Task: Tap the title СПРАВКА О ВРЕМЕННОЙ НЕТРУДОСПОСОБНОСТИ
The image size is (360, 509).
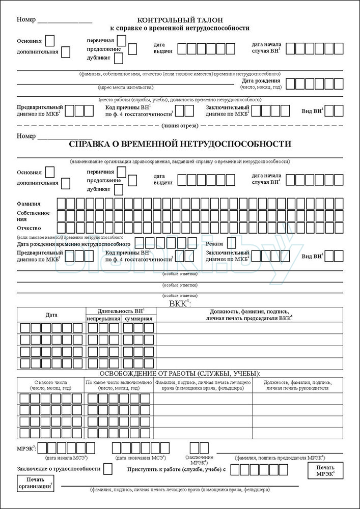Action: (x=180, y=144)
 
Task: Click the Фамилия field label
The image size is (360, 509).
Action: (x=29, y=204)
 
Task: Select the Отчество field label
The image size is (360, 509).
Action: (x=29, y=228)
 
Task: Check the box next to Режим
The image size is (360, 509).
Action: (x=232, y=243)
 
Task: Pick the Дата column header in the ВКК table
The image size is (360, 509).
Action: (x=51, y=315)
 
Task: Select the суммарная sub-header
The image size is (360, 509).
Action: (x=138, y=319)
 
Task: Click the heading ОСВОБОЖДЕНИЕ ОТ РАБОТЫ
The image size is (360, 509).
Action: (x=180, y=374)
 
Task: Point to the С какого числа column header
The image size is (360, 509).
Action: (x=51, y=385)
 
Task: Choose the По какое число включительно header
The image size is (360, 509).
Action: (x=119, y=385)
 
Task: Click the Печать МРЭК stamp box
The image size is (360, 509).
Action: (x=325, y=471)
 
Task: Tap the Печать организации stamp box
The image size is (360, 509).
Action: (x=36, y=483)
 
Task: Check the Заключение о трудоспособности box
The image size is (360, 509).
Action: (x=108, y=469)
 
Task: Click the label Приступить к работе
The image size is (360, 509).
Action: (x=176, y=469)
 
